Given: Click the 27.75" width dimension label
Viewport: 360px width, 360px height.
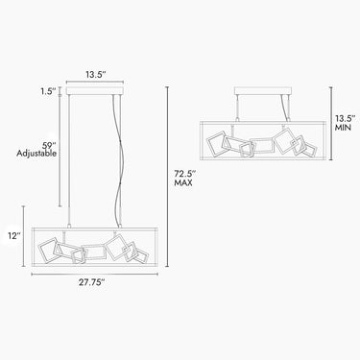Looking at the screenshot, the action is pos(92,282).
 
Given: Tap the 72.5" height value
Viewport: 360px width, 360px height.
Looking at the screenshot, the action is pos(184,174).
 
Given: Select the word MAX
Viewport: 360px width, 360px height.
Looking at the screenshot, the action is pos(183,183).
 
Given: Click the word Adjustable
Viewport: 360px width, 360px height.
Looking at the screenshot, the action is pos(36,154).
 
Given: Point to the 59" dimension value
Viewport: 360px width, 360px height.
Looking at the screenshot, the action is pos(49,144).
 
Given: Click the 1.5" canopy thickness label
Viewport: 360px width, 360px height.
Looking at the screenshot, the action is pos(48,91).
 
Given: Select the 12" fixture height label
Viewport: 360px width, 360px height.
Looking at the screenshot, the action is pos(14,236).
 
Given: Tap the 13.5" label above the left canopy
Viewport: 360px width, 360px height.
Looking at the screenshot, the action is pos(95,75).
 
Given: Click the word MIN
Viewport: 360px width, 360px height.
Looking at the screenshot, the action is pos(343,128).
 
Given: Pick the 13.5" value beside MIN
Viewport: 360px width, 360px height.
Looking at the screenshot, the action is pos(346,119).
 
